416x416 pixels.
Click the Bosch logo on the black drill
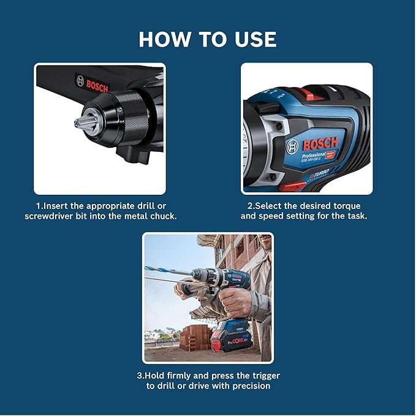click(92, 84)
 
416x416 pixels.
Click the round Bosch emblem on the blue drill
click(294, 145)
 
